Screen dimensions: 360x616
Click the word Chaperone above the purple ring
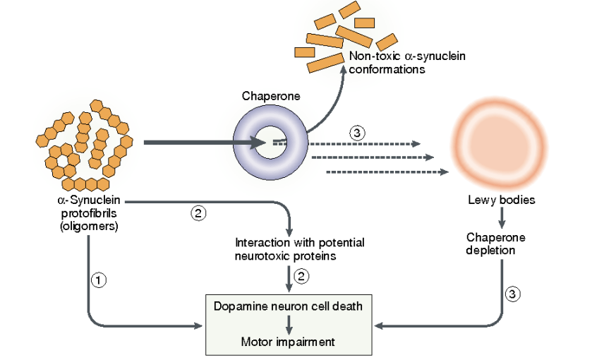click(x=270, y=95)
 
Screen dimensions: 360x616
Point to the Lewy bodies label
click(x=501, y=200)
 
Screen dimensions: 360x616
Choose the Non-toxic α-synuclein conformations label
click(x=407, y=63)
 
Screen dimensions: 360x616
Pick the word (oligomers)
click(x=88, y=227)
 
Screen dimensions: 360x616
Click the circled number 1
click(x=99, y=280)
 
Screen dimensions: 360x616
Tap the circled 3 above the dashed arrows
click(x=357, y=132)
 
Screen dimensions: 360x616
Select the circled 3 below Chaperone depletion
click(x=514, y=293)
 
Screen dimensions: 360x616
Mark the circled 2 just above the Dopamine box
click(x=301, y=277)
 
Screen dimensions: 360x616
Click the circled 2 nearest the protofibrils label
click(x=198, y=212)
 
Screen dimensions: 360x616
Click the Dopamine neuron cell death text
click(x=288, y=306)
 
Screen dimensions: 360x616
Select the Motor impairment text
click(x=288, y=342)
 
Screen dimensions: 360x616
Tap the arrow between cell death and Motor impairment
click(x=288, y=323)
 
